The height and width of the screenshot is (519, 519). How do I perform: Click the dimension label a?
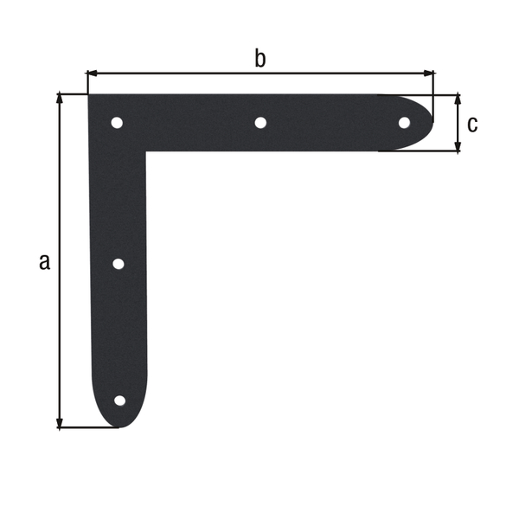(x=44, y=261)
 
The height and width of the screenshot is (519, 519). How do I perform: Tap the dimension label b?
(x=259, y=59)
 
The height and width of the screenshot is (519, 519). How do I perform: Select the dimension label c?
(x=471, y=124)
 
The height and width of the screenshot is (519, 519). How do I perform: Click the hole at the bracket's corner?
(x=117, y=123)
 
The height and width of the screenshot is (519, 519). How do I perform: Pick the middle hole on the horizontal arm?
(x=260, y=123)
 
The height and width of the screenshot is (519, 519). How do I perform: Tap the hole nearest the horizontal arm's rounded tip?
(x=404, y=123)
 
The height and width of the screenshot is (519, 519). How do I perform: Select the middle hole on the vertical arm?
(x=119, y=264)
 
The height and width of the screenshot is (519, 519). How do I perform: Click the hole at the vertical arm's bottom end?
(x=119, y=400)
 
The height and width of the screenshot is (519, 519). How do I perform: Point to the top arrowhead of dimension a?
(x=60, y=98)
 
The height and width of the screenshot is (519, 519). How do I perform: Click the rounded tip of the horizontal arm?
(x=431, y=123)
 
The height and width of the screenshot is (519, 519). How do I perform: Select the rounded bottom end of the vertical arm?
(x=119, y=425)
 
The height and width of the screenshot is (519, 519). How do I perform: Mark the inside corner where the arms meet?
(x=146, y=152)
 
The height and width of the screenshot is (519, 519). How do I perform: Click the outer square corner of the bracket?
(x=89, y=94)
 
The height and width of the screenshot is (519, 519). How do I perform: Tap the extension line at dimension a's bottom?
(x=86, y=427)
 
